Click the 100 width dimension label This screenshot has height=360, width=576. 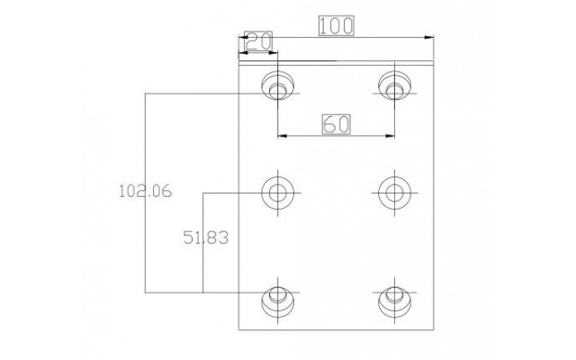[x=336, y=26]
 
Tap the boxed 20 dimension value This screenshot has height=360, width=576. [x=258, y=41]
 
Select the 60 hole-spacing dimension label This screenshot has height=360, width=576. [x=336, y=124]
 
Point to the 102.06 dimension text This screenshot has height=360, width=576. [x=146, y=191]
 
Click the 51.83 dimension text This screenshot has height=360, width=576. [x=206, y=238]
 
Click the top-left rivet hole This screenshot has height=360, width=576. [x=278, y=85]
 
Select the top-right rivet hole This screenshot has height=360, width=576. [x=394, y=85]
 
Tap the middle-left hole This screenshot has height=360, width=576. [x=278, y=193]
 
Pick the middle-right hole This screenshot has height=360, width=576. [x=394, y=193]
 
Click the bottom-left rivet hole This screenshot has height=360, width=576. [x=278, y=302]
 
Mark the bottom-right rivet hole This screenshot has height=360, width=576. [x=394, y=302]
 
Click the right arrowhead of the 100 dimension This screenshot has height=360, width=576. [x=429, y=37]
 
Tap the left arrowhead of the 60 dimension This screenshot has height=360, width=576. [x=282, y=136]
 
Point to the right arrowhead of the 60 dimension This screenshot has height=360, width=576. [x=390, y=136]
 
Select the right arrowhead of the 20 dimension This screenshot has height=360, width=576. [x=274, y=53]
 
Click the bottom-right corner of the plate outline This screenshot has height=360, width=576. [x=434, y=330]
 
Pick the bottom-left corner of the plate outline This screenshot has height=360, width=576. [x=238, y=330]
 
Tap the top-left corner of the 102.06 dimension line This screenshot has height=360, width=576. [x=146, y=94]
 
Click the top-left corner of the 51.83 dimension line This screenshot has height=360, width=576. [x=203, y=193]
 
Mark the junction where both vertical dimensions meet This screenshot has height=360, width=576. [x=203, y=292]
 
